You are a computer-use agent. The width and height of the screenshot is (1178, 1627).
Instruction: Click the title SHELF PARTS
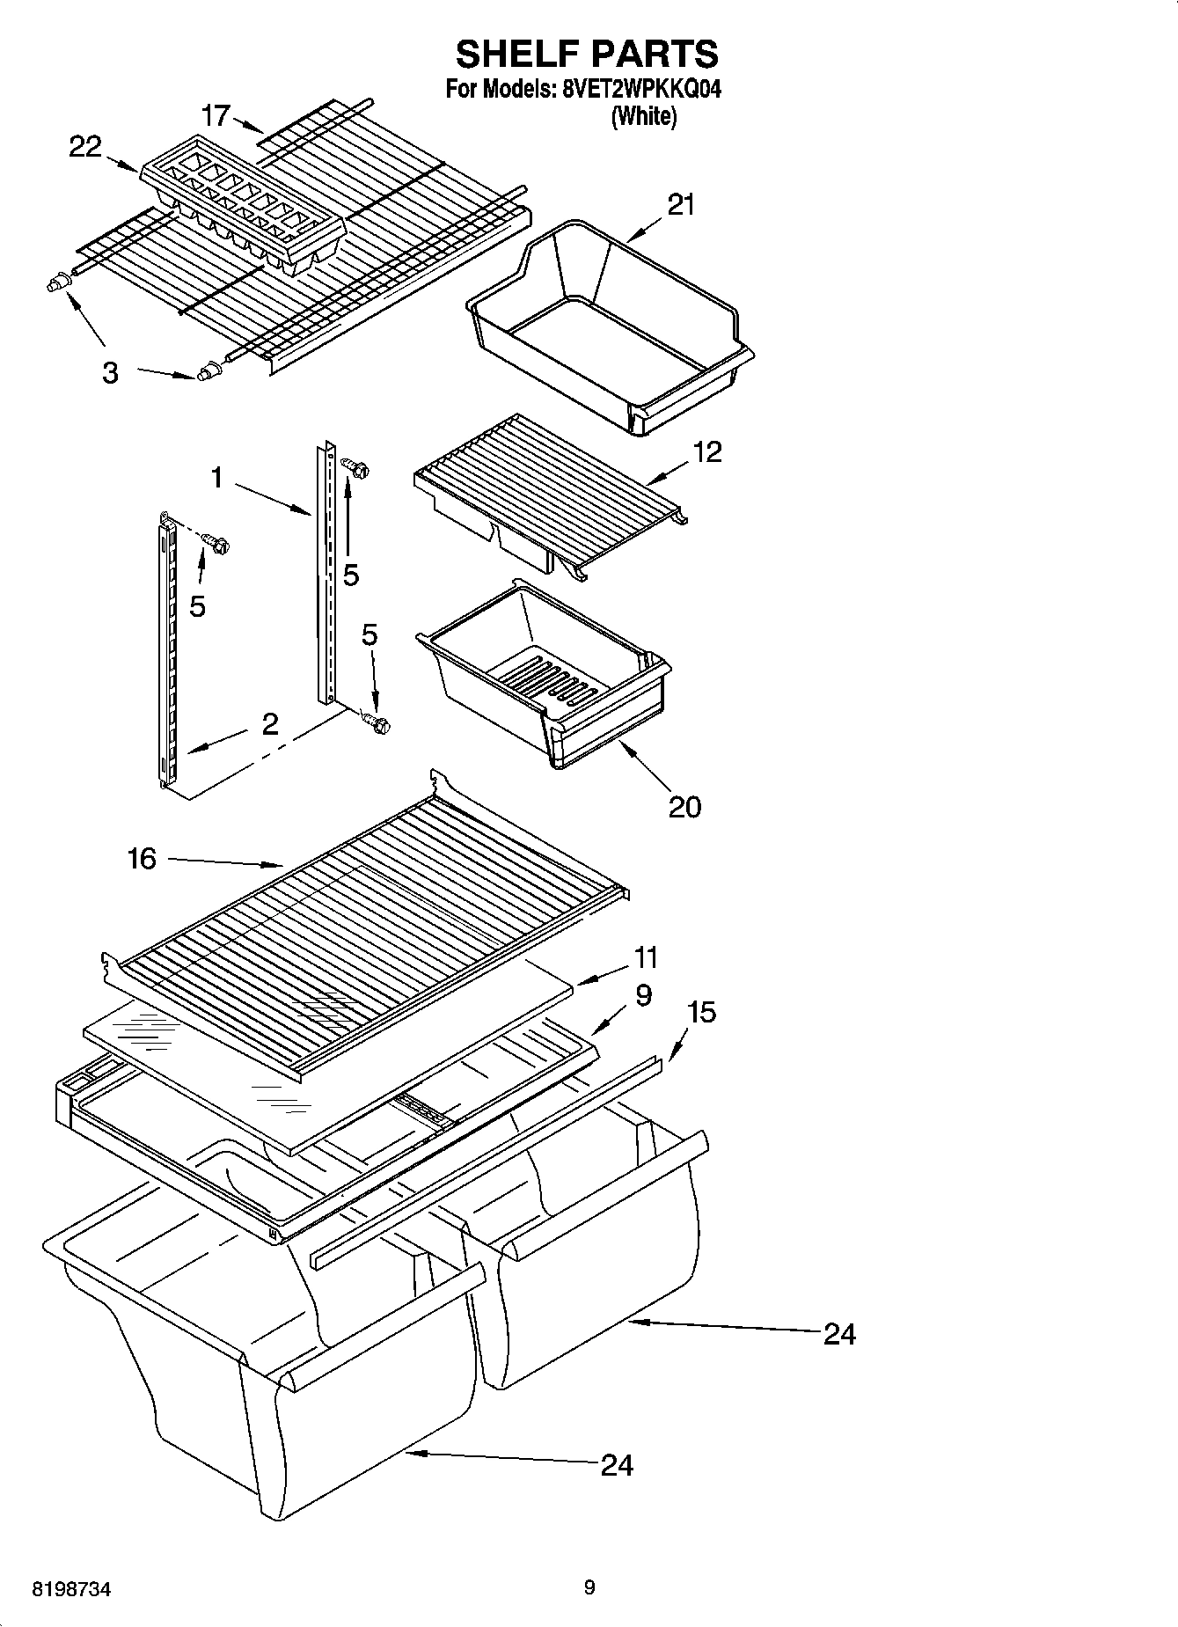pyautogui.click(x=587, y=55)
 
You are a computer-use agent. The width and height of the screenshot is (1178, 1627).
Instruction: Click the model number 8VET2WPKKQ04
pyautogui.click(x=640, y=90)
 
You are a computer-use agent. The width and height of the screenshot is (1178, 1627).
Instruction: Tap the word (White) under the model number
pyautogui.click(x=644, y=116)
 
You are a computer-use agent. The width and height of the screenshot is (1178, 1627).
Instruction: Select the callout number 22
pyautogui.click(x=85, y=147)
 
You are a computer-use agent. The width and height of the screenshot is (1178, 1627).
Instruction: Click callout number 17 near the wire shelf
pyautogui.click(x=216, y=115)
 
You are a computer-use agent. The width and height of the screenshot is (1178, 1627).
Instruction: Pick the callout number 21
pyautogui.click(x=681, y=204)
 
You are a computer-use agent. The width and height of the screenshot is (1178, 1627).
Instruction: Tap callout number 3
pyautogui.click(x=109, y=373)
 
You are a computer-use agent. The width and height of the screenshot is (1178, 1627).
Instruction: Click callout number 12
pyautogui.click(x=706, y=451)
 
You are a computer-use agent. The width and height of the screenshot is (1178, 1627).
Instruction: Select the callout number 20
pyautogui.click(x=684, y=806)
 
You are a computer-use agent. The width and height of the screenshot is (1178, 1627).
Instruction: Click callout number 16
pyautogui.click(x=142, y=858)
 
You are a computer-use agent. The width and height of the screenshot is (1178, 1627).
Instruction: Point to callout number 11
pyautogui.click(x=646, y=956)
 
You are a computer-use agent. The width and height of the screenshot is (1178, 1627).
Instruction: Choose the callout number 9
pyautogui.click(x=642, y=995)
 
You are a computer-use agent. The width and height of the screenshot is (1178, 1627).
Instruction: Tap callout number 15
pyautogui.click(x=701, y=1012)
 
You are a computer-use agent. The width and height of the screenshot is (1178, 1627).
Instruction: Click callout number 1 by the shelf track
pyautogui.click(x=216, y=478)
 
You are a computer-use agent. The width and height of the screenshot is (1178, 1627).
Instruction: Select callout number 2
pyautogui.click(x=269, y=724)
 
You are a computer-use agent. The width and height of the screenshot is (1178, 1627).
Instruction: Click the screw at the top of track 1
pyautogui.click(x=357, y=467)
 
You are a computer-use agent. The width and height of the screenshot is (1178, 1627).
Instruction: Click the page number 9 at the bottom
pyautogui.click(x=589, y=1587)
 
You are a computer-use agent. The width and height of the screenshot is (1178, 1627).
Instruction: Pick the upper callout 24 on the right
pyautogui.click(x=839, y=1335)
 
